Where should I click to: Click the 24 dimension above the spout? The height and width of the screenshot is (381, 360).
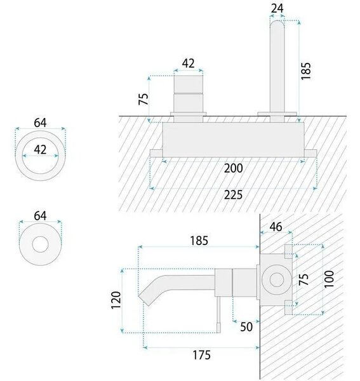(x=277, y=8)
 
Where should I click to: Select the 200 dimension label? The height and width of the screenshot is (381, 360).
(x=233, y=168)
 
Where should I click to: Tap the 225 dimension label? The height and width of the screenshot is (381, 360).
(x=233, y=195)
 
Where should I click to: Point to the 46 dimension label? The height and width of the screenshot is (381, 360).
(x=276, y=227)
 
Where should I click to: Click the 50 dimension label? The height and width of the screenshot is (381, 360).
(x=246, y=327)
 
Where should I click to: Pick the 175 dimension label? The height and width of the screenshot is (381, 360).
(x=202, y=355)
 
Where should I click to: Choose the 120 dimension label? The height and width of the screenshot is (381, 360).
(x=116, y=300)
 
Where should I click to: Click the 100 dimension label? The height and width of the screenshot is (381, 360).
(x=329, y=279)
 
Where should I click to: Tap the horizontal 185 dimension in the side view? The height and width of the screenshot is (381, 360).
(x=199, y=241)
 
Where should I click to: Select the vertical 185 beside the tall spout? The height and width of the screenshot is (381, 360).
(x=305, y=71)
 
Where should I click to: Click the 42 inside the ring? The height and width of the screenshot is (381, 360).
(x=40, y=149)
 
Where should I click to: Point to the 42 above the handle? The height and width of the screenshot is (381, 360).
(x=189, y=63)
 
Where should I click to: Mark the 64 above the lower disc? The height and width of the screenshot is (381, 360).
(x=40, y=216)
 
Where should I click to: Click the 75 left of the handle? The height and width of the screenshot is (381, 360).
(x=143, y=99)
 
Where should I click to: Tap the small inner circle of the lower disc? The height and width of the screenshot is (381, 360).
(x=41, y=244)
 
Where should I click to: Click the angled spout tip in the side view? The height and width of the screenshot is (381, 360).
(x=145, y=300)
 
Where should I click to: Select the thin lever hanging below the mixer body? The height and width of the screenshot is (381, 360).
(x=219, y=314)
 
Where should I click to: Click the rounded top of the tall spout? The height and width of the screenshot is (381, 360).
(x=277, y=24)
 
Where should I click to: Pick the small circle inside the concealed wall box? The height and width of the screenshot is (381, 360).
(x=277, y=279)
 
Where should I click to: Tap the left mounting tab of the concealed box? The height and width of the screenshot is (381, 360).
(x=156, y=153)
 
